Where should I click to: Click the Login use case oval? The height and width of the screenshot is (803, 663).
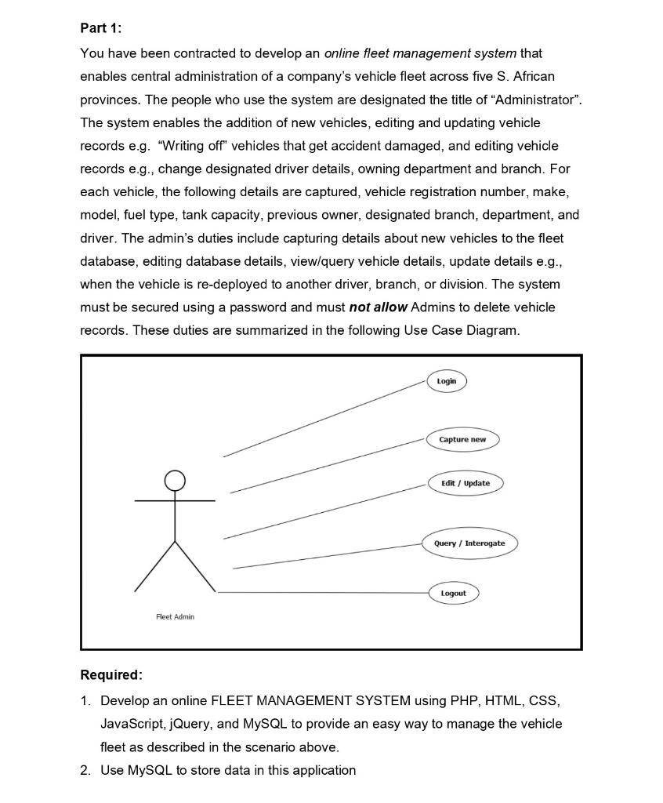click(x=447, y=381)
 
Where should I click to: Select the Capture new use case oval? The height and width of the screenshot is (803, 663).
click(x=462, y=440)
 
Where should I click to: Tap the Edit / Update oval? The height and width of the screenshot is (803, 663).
click(x=466, y=483)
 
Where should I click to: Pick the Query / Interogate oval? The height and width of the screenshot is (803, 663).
click(x=469, y=543)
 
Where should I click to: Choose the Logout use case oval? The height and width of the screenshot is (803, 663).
click(x=453, y=594)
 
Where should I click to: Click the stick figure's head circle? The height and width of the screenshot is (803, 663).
click(x=175, y=480)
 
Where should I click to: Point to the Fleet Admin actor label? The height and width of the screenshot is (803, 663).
click(x=175, y=617)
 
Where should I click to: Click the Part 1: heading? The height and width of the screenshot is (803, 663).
click(x=101, y=28)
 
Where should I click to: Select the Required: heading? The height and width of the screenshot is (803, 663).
click(x=111, y=675)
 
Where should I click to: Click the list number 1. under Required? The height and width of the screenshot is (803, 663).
click(x=85, y=700)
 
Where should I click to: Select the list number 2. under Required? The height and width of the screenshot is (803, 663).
click(x=85, y=770)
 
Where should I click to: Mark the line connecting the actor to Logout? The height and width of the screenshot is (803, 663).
click(x=321, y=593)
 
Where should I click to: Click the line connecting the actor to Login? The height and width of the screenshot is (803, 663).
click(x=325, y=418)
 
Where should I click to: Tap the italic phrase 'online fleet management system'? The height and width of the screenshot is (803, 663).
click(x=420, y=53)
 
